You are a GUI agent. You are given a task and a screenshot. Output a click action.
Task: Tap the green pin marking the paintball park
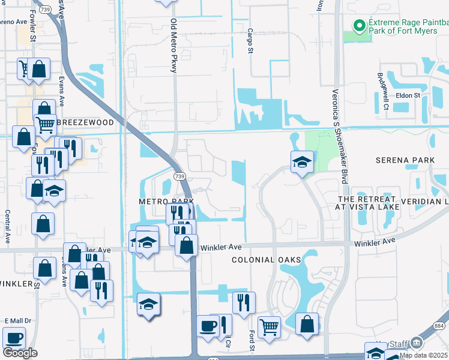point(360,25)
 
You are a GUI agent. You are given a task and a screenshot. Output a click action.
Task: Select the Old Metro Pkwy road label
point(173,46)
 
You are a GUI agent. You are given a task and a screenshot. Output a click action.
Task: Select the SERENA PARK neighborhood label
point(405,160)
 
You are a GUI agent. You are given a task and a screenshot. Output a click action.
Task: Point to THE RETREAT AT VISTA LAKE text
point(367,203)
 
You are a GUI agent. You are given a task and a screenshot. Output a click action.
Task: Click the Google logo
point(20,353)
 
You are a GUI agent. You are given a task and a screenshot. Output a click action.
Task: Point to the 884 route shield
point(439,325)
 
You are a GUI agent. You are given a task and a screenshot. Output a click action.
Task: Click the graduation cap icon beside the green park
point(302,161)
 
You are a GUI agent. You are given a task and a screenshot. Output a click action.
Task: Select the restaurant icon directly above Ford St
point(244,302)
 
